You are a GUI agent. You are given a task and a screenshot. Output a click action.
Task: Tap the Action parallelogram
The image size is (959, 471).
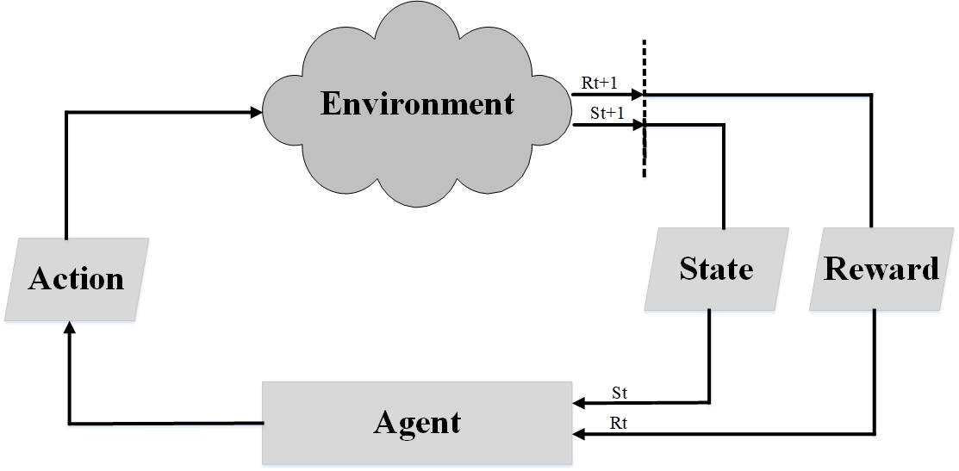pyautogui.click(x=76, y=280)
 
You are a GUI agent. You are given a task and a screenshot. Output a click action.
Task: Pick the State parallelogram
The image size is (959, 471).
pyautogui.click(x=716, y=270)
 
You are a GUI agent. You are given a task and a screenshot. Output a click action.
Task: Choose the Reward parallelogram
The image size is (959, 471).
pyautogui.click(x=881, y=270)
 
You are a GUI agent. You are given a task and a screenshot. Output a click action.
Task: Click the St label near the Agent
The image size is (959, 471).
pyautogui.click(x=619, y=394)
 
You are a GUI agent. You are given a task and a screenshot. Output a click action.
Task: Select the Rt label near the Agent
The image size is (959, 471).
pyautogui.click(x=618, y=423)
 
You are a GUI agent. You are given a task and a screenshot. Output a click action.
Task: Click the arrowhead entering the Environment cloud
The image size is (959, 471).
pyautogui.click(x=257, y=112)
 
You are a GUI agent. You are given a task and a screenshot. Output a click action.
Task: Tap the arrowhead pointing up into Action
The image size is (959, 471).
pyautogui.click(x=69, y=329)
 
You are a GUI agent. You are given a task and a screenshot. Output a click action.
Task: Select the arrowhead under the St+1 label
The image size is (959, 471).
pyautogui.click(x=638, y=126)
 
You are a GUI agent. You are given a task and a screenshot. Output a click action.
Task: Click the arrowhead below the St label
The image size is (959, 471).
pyautogui.click(x=578, y=402)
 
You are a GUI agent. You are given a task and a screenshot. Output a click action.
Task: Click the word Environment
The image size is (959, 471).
pyautogui.click(x=418, y=103)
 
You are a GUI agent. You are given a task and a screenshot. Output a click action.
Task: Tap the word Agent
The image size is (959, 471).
pyautogui.click(x=417, y=422)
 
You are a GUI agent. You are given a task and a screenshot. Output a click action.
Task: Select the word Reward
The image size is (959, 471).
pyautogui.click(x=881, y=270)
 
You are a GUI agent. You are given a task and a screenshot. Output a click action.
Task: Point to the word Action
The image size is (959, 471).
pyautogui.click(x=76, y=280)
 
